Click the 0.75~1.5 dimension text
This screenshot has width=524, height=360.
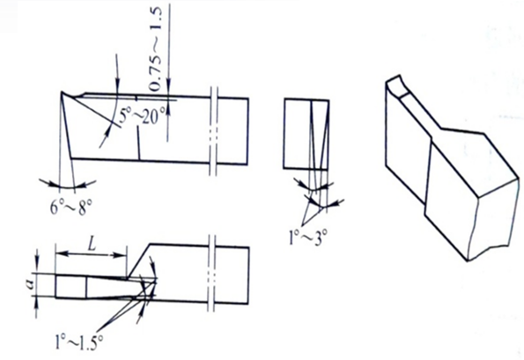[x=156, y=48]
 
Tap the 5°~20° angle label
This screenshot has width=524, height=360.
[x=143, y=116]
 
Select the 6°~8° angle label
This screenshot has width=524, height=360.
[x=70, y=208]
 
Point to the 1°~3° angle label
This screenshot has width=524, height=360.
[x=307, y=238]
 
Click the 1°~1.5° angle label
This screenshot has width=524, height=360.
[x=79, y=342]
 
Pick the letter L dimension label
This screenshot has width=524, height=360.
[x=92, y=244]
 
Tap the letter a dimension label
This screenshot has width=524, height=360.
[x=31, y=284]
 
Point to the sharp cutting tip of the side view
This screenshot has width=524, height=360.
[x=62, y=92]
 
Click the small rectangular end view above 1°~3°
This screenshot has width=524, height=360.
[x=306, y=135]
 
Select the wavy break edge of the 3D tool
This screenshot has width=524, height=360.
[x=474, y=227]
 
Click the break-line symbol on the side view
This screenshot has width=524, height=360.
[x=214, y=131]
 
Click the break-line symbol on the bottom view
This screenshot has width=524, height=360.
[x=211, y=273]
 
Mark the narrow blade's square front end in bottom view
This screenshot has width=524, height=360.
[x=70, y=286]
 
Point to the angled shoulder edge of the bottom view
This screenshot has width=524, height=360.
[x=138, y=261]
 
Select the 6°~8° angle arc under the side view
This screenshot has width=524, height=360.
[x=67, y=187]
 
